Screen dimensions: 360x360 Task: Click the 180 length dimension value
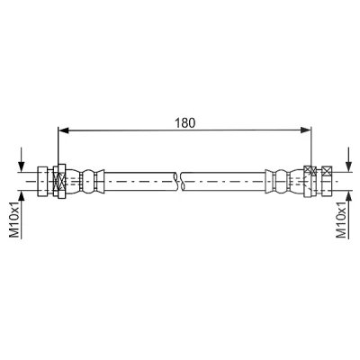(x=185, y=123)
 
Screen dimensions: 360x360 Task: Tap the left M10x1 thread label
(x=14, y=220)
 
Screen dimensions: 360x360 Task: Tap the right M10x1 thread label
(x=341, y=220)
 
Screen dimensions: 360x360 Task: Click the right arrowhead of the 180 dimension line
(x=306, y=130)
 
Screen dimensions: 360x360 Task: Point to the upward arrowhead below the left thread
(x=21, y=196)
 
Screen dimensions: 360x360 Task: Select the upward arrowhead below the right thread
(x=348, y=196)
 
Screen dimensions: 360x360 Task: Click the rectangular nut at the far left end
(x=42, y=182)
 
